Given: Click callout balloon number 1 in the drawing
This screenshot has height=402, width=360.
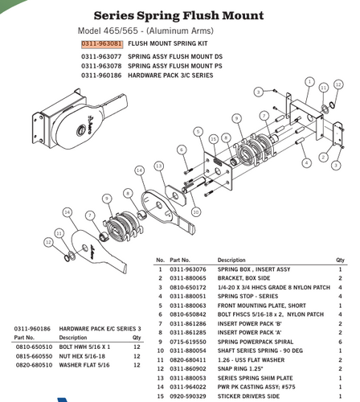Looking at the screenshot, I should pos(310,82).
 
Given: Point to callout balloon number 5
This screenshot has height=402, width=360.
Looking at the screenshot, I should pos(198,131).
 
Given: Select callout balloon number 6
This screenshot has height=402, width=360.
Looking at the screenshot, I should pos(182,150).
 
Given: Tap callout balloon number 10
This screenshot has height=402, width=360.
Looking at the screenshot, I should pos(195,211).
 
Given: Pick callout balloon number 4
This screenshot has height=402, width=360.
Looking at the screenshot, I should pos(306,162).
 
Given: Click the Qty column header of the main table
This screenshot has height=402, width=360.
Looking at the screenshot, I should pos(340,260).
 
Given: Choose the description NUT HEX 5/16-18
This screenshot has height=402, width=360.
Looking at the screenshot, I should pos(82,355).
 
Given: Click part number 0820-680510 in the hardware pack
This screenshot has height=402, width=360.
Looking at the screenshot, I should pos(34,364).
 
